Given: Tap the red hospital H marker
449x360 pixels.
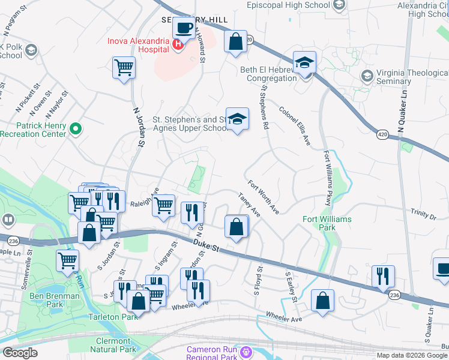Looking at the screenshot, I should (x=178, y=44).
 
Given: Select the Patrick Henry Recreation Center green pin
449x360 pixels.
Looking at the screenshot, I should (x=76, y=128).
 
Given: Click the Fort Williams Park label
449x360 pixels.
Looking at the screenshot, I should (x=327, y=223).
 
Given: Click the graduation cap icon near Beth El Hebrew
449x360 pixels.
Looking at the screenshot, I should (x=304, y=63).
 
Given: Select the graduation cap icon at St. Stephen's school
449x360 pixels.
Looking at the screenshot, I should (x=237, y=119).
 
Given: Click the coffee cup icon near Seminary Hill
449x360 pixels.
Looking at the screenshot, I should (x=184, y=27).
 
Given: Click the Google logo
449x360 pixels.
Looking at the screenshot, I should (x=19, y=353).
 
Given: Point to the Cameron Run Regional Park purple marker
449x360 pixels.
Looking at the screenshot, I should (x=245, y=350).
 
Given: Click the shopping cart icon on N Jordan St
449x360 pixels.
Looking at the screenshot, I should (x=124, y=67).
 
